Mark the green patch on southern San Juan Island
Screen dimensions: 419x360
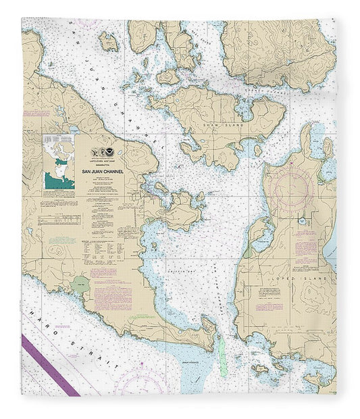(x=81, y=284)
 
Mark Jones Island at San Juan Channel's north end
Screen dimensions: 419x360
(x=109, y=41)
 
